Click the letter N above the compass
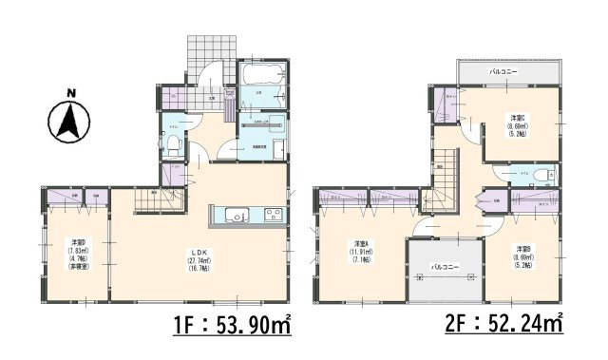[70, 93]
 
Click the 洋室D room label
[76, 243]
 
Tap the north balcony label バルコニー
[503, 72]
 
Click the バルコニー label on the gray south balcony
[442, 268]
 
